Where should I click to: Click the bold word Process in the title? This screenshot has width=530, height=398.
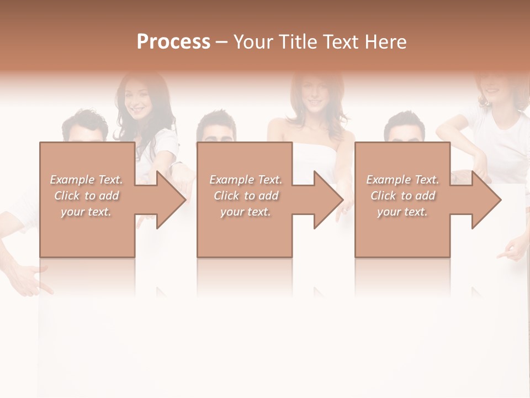coord(173,42)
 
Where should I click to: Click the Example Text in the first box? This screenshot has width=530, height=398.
coord(87,180)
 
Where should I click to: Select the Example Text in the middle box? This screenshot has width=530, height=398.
coord(246,180)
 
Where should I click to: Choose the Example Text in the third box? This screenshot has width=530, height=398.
coord(402,180)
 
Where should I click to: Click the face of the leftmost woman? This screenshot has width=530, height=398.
coord(136,98)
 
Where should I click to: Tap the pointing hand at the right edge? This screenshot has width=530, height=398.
coord(511,252)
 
